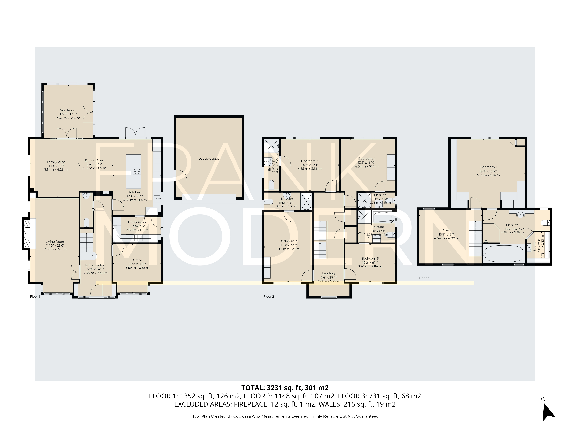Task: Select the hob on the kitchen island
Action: (137, 170)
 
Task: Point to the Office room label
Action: (137, 260)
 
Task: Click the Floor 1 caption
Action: (35, 296)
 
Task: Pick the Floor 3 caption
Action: (424, 278)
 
